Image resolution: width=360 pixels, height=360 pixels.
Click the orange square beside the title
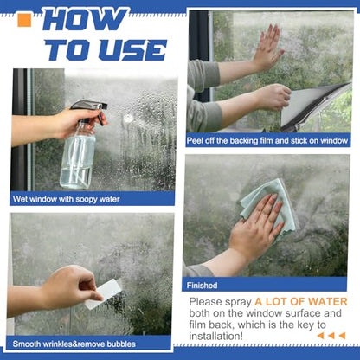click(24, 20)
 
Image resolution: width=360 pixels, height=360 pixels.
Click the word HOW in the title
click(84, 20)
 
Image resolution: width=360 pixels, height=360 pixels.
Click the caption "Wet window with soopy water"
click(66, 199)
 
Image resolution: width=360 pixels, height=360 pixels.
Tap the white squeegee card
click(102, 294)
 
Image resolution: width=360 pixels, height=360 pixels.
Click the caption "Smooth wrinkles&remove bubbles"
click(74, 344)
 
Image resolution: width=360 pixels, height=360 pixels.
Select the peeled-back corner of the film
click(314, 106)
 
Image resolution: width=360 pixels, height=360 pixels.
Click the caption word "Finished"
click(202, 286)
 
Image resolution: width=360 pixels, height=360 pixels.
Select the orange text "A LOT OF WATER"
click(301, 302)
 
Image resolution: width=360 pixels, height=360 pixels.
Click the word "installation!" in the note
click(216, 336)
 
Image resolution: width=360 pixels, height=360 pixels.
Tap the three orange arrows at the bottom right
click(331, 336)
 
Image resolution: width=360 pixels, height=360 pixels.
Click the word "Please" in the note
click(206, 302)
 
